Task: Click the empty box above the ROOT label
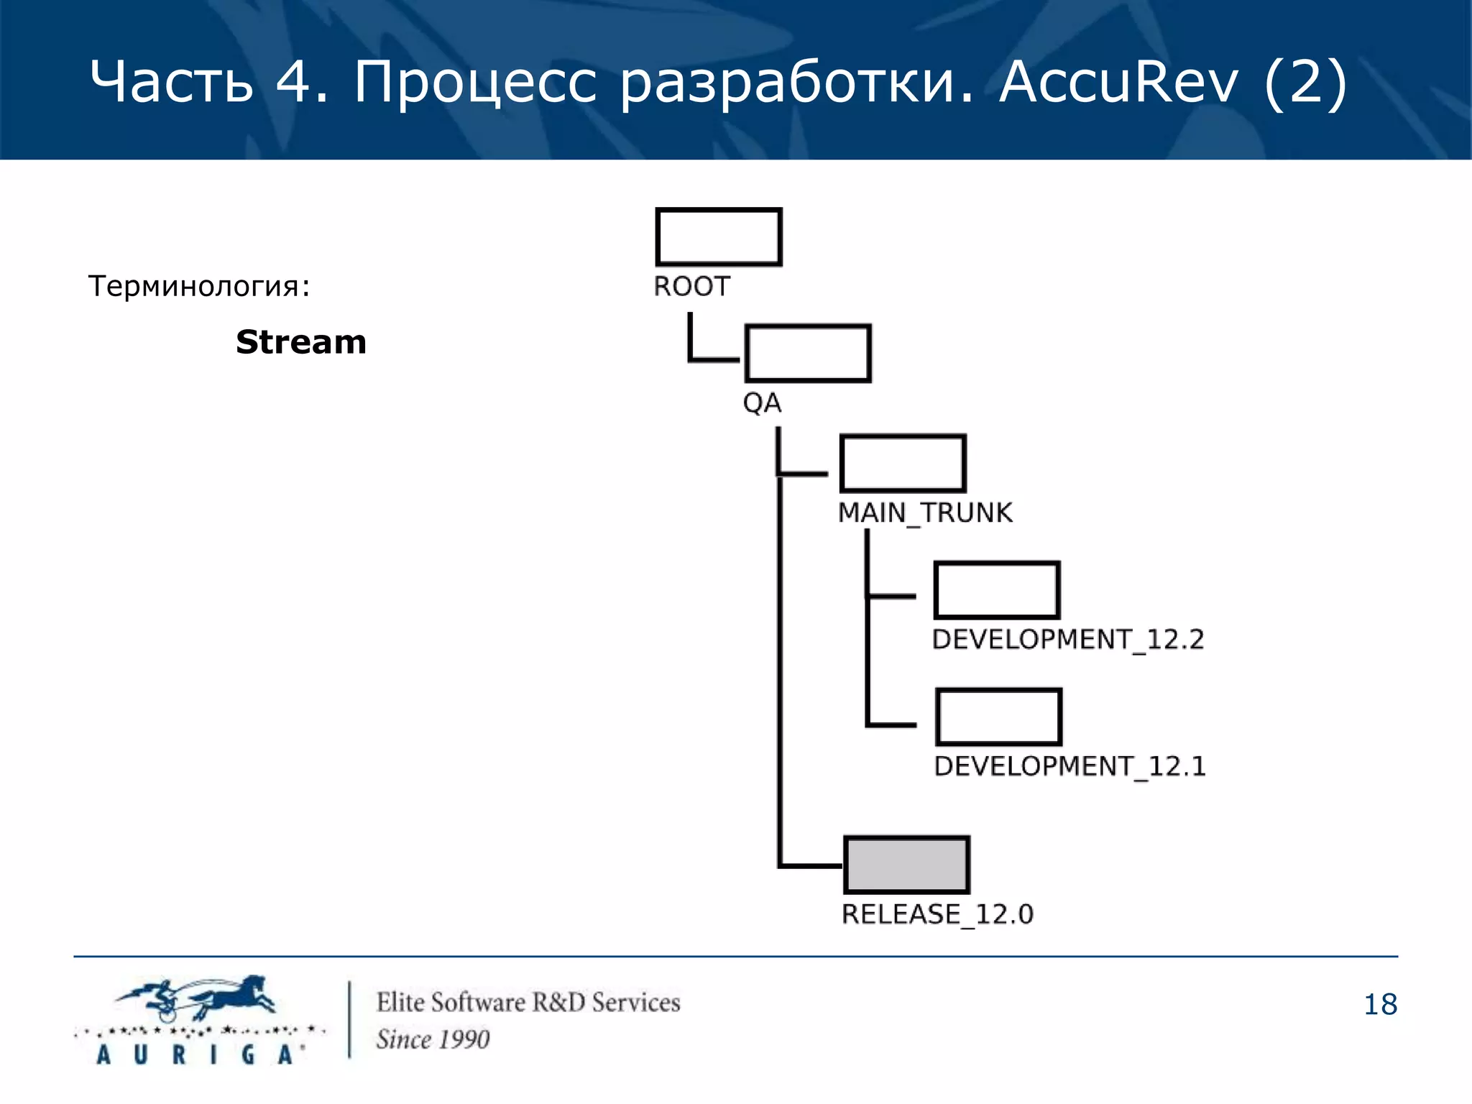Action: coord(719,237)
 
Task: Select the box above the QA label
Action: coord(808,353)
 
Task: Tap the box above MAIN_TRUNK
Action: coord(903,464)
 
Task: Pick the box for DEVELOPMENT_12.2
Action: coord(997,590)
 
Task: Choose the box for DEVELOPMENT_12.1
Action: coord(999,717)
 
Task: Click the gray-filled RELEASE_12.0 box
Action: coord(906,865)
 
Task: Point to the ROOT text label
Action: coord(691,287)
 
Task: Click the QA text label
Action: coord(762,403)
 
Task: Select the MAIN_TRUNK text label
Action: coord(925,513)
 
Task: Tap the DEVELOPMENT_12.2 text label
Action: coord(1067,640)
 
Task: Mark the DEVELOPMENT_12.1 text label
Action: coord(1069,767)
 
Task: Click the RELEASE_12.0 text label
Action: coord(937,914)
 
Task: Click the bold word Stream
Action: coord(301,342)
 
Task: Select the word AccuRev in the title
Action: coord(1118,82)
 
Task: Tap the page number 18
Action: coord(1380,1005)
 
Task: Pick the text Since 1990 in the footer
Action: coord(433,1039)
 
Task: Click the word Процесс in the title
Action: coord(475,82)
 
